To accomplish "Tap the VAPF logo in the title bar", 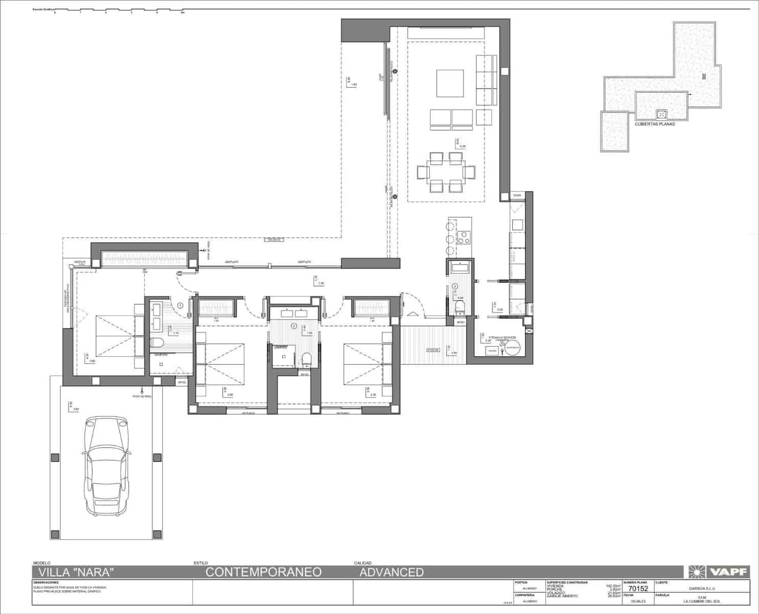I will [719, 572].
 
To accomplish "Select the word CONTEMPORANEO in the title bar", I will [263, 572].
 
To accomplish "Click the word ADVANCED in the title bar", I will [392, 572].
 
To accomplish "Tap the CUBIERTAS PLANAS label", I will [654, 124].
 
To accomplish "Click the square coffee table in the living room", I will [450, 83].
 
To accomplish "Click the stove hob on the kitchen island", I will [464, 238].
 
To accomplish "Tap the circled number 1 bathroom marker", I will [180, 305].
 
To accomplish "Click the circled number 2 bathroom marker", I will [294, 325].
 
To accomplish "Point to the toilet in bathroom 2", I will [306, 359].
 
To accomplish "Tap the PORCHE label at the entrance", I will [433, 350].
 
